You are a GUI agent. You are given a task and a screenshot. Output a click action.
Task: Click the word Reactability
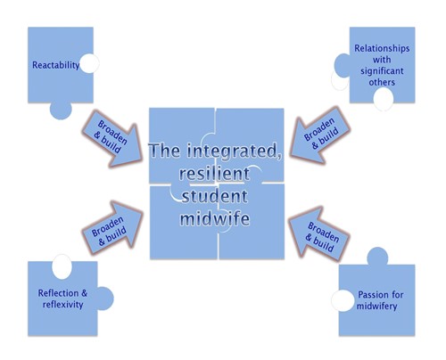click(x=56, y=65)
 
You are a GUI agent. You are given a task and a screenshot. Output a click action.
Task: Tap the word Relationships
click(x=382, y=48)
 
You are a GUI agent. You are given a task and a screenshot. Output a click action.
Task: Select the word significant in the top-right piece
click(x=382, y=71)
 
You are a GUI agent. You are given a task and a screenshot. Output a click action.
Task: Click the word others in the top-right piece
click(x=382, y=82)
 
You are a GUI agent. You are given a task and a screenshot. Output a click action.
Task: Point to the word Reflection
click(x=59, y=293)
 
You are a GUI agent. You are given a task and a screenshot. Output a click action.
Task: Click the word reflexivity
click(x=62, y=305)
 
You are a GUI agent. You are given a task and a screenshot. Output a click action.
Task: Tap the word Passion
click(x=370, y=295)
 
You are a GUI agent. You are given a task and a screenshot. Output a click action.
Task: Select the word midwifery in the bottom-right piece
click(x=376, y=307)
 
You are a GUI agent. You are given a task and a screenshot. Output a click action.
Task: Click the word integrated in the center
click(x=234, y=151)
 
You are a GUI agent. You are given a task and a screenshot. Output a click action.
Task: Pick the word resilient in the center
click(x=214, y=173)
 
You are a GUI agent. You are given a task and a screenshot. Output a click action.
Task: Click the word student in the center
click(x=214, y=196)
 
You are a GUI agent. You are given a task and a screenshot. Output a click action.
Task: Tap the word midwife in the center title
click(x=215, y=218)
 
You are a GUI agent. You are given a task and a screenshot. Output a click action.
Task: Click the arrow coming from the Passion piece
click(x=318, y=234)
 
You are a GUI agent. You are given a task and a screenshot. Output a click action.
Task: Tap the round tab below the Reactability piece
click(x=61, y=110)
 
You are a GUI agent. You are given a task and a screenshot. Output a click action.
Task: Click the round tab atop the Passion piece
click(x=377, y=257)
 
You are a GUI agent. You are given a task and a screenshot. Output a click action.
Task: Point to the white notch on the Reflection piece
click(x=62, y=266)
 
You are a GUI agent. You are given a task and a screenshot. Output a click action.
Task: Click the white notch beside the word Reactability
click(x=89, y=63)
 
